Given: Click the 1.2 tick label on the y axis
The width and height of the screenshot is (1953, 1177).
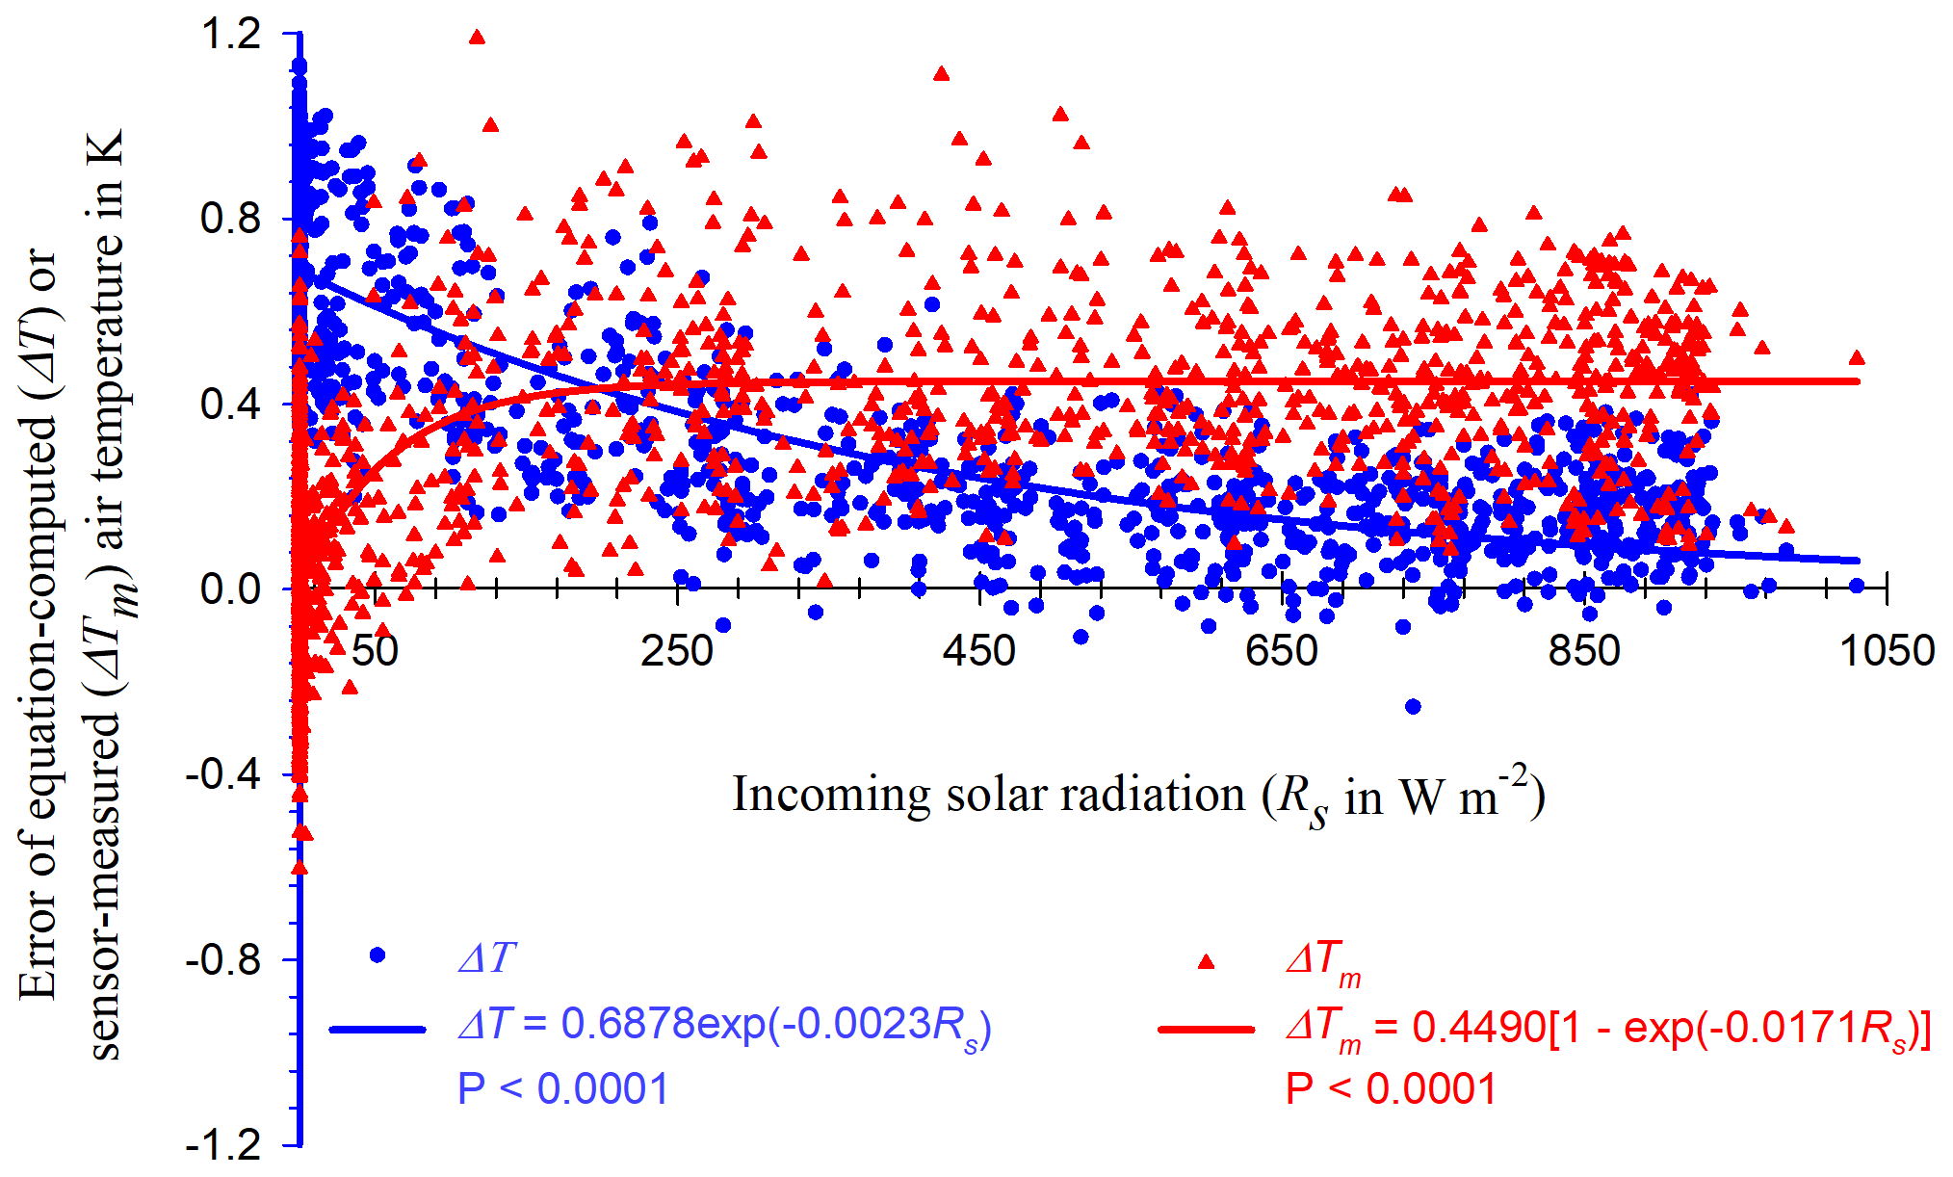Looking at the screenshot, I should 231,35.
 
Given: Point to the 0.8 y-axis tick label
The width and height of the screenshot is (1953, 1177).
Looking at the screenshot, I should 231,220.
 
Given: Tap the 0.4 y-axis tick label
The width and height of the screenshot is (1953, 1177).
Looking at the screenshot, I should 231,405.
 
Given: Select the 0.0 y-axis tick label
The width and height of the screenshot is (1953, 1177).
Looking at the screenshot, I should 231,589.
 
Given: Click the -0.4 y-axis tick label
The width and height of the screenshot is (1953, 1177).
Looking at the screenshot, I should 223,774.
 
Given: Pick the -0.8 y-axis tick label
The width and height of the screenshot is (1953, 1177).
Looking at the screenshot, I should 223,959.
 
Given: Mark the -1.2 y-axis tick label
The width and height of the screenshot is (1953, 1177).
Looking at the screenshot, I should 223,1144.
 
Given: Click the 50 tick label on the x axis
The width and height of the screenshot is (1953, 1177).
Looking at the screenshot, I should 375,651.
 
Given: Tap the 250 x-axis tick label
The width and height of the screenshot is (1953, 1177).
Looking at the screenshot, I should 677,651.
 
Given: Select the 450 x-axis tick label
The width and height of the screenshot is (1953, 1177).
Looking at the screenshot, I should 979,651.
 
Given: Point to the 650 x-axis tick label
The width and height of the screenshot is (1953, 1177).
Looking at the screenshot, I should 1282,651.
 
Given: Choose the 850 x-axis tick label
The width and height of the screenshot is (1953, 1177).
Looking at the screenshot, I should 1584,651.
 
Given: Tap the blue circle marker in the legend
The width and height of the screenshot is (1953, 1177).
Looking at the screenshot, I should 378,955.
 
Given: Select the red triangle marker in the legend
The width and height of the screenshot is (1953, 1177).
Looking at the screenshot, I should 1206,961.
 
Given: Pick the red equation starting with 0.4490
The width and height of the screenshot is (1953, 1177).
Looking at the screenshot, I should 1608,1029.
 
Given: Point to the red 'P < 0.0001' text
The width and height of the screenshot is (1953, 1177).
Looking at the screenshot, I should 1391,1089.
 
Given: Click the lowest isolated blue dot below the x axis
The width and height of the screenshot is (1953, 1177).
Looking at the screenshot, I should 1413,706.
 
